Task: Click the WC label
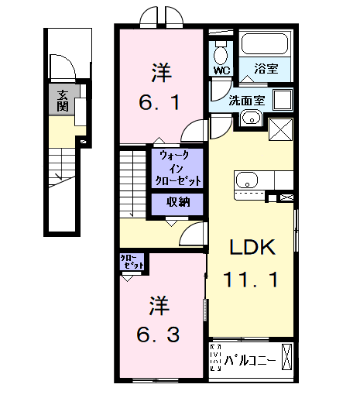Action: pyautogui.click(x=222, y=70)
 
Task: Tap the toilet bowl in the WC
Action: pyautogui.click(x=221, y=53)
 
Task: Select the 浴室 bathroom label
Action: pyautogui.click(x=266, y=70)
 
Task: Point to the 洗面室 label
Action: pyautogui.click(x=245, y=100)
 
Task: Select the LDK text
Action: pyautogui.click(x=251, y=248)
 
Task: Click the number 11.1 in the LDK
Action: pyautogui.click(x=251, y=279)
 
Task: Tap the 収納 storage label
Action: pyautogui.click(x=178, y=203)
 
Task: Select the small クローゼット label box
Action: pyautogui.click(x=132, y=262)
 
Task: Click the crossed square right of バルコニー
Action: pyautogui.click(x=287, y=357)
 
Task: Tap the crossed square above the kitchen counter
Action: pyautogui.click(x=279, y=129)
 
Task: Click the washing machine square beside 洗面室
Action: pyautogui.click(x=280, y=101)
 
